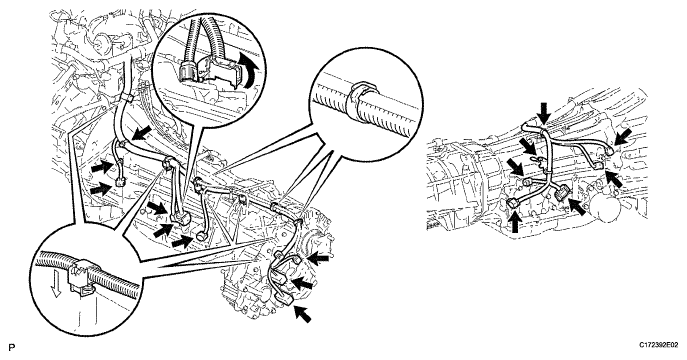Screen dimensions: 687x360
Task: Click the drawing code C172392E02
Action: [x=658, y=346]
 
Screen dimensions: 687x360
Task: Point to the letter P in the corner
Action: [x=11, y=348]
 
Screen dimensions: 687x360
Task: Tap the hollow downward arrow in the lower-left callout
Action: [x=56, y=288]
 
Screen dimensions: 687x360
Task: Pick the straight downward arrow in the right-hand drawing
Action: [x=544, y=113]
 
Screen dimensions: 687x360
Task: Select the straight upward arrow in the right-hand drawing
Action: [x=516, y=221]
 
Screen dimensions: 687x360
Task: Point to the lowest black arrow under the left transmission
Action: [x=303, y=314]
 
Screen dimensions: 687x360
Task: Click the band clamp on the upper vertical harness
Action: [x=126, y=97]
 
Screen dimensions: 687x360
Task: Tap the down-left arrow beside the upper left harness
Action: [x=142, y=132]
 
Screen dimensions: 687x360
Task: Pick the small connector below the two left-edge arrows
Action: [x=120, y=181]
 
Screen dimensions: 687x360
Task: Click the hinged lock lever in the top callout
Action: [x=228, y=69]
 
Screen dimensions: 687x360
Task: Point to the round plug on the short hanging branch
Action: [x=202, y=235]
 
